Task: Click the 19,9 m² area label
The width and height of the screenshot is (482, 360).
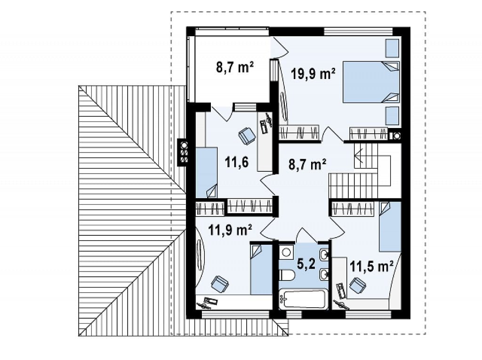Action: (313, 74)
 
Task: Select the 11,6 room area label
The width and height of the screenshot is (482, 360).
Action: (237, 162)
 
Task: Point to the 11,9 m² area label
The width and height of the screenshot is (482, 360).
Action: (230, 229)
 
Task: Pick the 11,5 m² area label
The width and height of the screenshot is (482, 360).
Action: (372, 266)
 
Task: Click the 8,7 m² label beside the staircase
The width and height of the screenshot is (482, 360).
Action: (307, 164)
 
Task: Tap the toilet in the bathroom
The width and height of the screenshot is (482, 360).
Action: (286, 275)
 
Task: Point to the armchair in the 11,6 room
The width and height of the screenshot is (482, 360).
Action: (247, 135)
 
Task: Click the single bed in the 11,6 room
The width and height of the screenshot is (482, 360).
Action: (207, 172)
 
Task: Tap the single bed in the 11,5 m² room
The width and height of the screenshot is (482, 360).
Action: (390, 226)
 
